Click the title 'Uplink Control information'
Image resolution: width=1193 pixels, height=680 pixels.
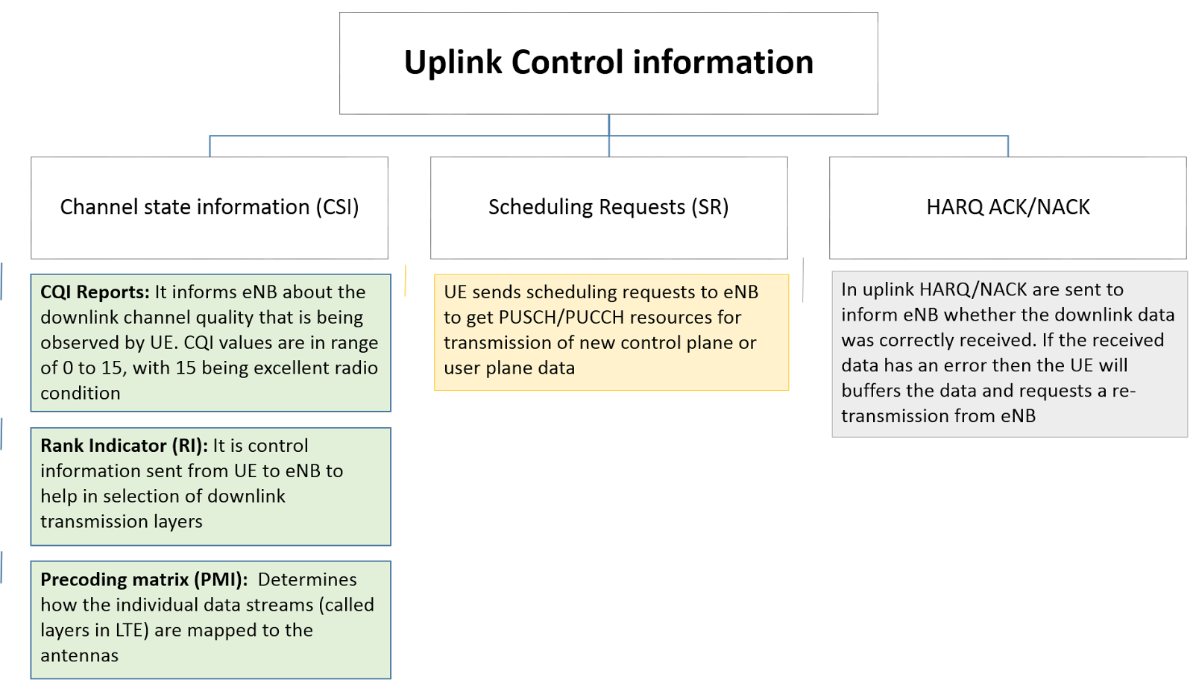click(x=608, y=62)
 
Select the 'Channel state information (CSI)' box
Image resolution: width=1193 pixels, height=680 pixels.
click(x=210, y=207)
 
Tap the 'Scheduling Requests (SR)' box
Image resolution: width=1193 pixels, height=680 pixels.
click(x=608, y=207)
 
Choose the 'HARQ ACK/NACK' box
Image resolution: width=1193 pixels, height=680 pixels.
click(x=1008, y=207)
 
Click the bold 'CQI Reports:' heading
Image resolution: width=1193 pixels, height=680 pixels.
click(x=95, y=292)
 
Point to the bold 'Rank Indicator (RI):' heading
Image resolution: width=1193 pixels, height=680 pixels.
click(x=124, y=446)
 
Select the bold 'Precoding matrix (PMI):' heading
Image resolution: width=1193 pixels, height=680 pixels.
click(x=144, y=580)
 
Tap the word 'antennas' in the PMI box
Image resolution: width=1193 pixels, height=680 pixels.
click(x=79, y=656)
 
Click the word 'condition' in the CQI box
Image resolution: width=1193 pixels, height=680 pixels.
click(x=80, y=394)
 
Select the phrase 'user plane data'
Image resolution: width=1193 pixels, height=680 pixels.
click(x=509, y=368)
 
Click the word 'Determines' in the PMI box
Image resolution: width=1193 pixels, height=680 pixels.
click(x=307, y=580)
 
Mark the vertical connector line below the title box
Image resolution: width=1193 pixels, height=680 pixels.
click(x=609, y=125)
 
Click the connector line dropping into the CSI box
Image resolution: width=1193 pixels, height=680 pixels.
click(x=210, y=146)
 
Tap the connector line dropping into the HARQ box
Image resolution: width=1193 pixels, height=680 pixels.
click(x=1008, y=146)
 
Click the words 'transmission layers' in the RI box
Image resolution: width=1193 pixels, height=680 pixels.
click(x=121, y=522)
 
